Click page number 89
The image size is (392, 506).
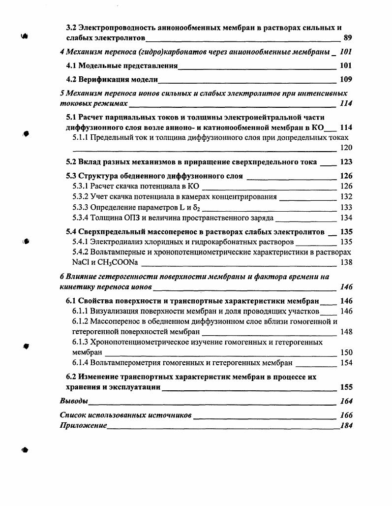tap(347, 37)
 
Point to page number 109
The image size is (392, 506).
tap(346, 79)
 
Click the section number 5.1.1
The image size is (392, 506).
tap(80, 138)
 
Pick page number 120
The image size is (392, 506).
tap(346, 148)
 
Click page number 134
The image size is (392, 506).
tap(346, 218)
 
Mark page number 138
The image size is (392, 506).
tap(346, 262)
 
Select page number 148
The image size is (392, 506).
tap(346, 332)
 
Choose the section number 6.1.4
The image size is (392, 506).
tap(80, 363)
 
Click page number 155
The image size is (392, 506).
tap(346, 387)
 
